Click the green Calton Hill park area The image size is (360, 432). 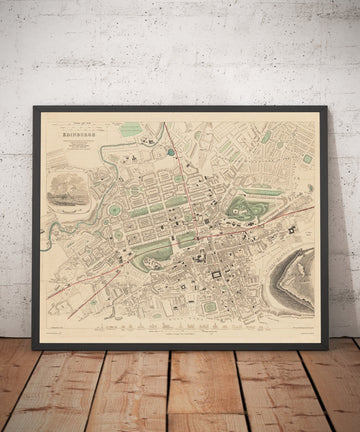[x=240, y=209]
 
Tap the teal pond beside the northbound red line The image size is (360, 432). [x=171, y=152]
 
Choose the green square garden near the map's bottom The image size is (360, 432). [x=209, y=306]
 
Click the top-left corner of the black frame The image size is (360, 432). [x=33, y=107]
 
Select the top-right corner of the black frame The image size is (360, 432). [x=327, y=108]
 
